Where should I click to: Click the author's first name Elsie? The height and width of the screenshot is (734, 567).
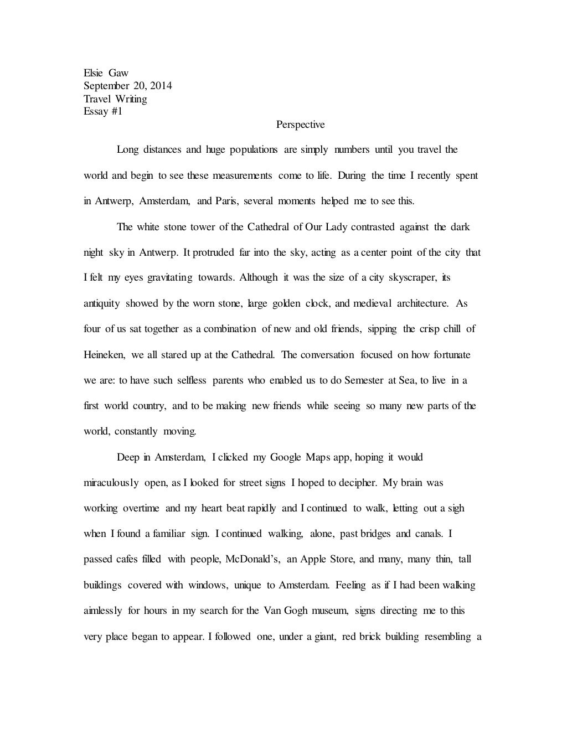(93, 73)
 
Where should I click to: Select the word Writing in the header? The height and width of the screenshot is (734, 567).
(131, 99)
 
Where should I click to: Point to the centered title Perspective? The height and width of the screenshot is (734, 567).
(301, 125)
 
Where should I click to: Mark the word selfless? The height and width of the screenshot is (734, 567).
(192, 380)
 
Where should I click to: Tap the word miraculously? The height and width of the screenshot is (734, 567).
(111, 483)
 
